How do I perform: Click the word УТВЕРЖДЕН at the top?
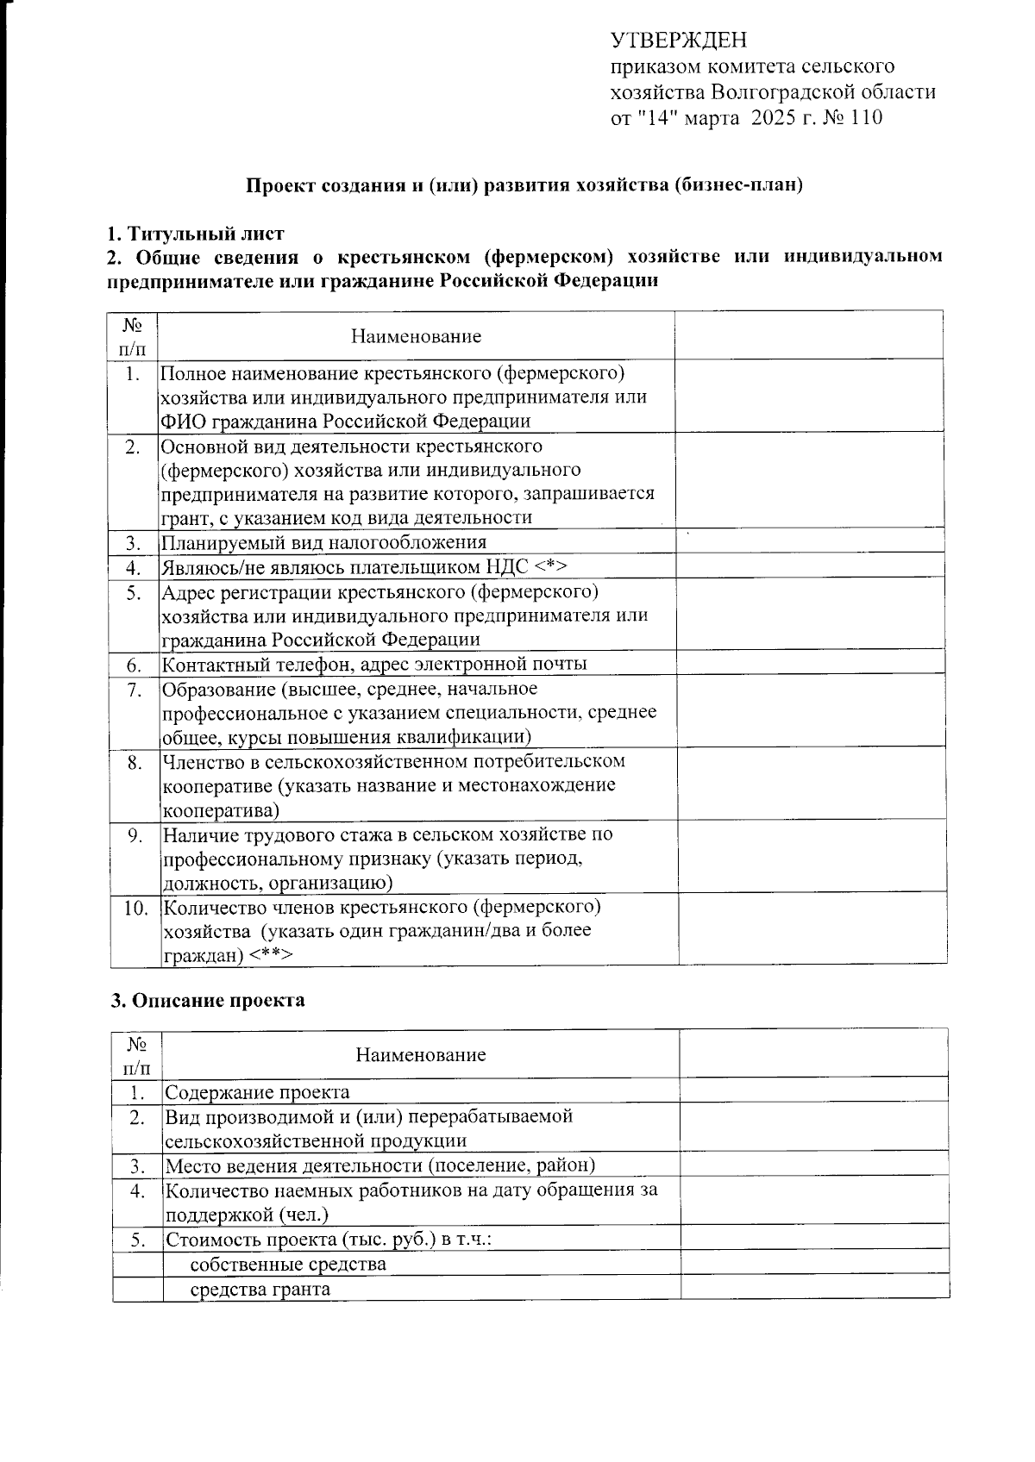(x=679, y=40)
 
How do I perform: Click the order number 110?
(x=866, y=118)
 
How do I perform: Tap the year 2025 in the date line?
(x=775, y=118)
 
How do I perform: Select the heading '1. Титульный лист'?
(x=196, y=233)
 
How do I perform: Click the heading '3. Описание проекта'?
(x=208, y=1000)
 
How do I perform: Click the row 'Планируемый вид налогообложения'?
(x=324, y=542)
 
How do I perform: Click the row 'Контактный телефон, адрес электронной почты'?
(x=374, y=664)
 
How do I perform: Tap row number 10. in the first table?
(x=135, y=907)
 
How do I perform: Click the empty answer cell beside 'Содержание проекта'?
(x=813, y=1092)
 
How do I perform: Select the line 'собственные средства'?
(x=288, y=1265)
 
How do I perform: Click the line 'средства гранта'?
(x=260, y=1290)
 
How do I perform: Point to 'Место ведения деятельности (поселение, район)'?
(x=380, y=1165)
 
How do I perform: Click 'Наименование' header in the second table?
(x=421, y=1054)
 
